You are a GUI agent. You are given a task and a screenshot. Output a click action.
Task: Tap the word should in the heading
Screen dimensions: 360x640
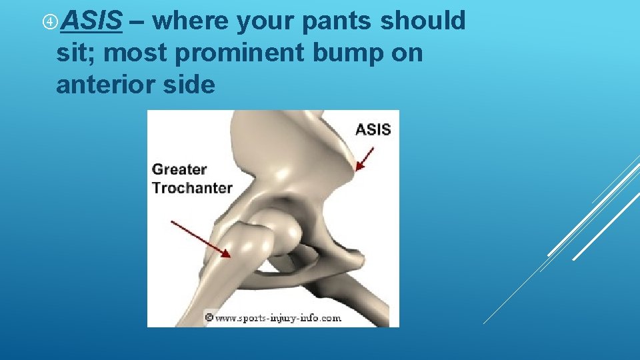click(x=423, y=21)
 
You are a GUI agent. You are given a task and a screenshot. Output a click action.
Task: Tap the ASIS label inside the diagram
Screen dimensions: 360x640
click(x=373, y=129)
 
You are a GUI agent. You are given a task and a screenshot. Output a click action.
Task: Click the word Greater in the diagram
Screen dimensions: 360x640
click(x=179, y=169)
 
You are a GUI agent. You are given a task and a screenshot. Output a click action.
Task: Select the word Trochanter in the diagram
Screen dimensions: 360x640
click(x=192, y=187)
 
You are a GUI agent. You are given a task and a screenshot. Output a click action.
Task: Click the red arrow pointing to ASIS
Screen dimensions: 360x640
click(x=365, y=159)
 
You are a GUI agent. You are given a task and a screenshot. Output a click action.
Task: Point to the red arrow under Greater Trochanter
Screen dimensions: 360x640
click(x=201, y=239)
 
